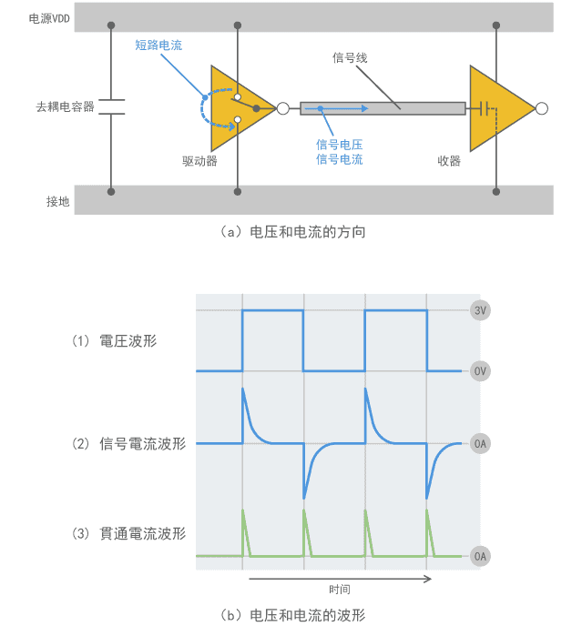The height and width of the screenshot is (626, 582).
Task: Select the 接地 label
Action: click(58, 202)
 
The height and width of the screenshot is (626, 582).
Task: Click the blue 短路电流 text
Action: click(158, 44)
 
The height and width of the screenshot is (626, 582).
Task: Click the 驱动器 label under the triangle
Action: click(199, 161)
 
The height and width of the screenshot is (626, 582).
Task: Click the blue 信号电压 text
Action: click(340, 144)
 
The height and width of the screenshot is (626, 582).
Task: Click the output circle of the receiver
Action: click(543, 108)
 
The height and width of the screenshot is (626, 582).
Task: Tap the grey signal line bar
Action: click(383, 108)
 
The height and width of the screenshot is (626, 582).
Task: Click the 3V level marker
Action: click(482, 310)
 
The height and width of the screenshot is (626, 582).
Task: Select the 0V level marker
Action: click(482, 371)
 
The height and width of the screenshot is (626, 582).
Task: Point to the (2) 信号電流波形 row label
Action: click(128, 444)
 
